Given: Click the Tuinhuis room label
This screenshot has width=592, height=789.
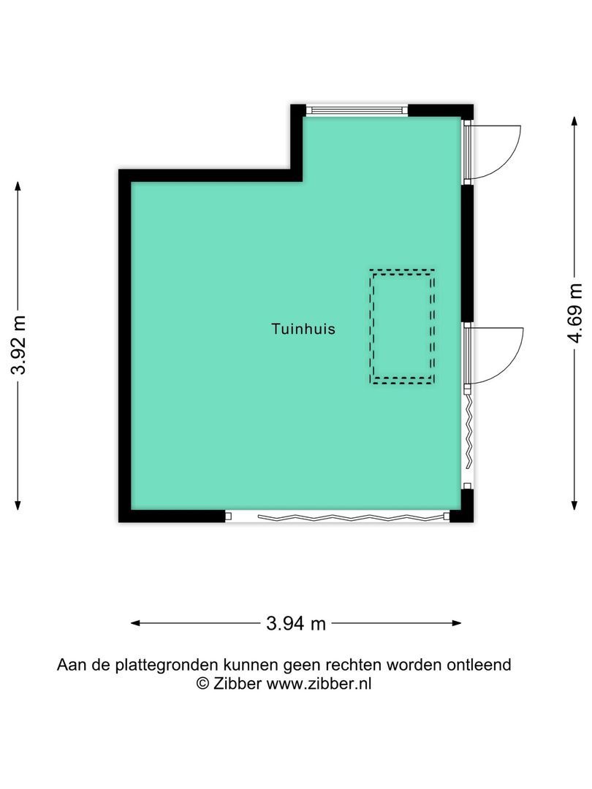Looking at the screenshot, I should (x=303, y=329).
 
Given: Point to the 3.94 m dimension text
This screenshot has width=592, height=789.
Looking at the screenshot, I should (x=296, y=623).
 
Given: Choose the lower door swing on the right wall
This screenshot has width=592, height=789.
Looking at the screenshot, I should (x=497, y=355).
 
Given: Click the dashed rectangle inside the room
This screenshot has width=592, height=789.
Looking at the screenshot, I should (x=403, y=327).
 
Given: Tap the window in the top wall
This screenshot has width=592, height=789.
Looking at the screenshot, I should (x=356, y=110).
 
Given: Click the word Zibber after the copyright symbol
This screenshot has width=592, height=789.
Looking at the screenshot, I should (x=237, y=684).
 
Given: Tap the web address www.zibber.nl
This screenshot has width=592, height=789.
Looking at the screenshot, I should (x=319, y=684).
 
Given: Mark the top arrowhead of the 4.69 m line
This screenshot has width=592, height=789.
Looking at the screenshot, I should (x=574, y=119).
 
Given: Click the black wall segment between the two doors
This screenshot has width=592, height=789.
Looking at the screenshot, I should (x=468, y=252).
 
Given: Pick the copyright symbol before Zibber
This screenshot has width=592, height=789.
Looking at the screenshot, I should (x=202, y=684).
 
